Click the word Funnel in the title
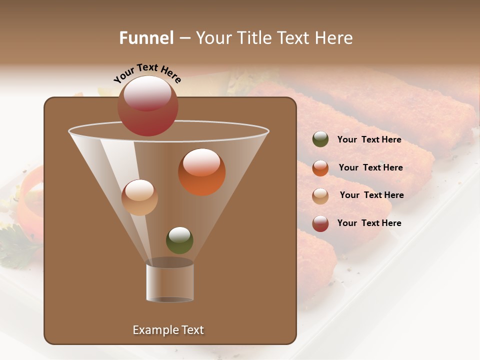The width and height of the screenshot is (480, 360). coord(146,38)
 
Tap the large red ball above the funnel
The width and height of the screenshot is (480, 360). coord(147,105)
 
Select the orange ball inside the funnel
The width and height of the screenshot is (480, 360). coord(201,172)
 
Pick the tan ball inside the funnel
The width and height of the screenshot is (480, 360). coord(139,197)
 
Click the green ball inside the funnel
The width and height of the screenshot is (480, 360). coord(179,240)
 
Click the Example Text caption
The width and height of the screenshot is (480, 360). coord(168,330)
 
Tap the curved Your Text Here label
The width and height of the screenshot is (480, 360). coord(147,73)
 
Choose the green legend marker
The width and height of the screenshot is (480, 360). coord(320,139)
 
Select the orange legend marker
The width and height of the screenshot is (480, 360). coord(320,168)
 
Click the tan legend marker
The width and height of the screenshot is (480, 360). coord(320,196)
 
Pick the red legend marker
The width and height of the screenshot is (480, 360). coord(320,223)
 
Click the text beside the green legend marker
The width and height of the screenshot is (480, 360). coord(369,139)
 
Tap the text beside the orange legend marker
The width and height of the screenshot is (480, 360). coord(370,167)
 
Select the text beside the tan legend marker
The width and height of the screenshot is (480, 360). coord(371,195)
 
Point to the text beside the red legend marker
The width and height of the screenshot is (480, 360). coord(369,223)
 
